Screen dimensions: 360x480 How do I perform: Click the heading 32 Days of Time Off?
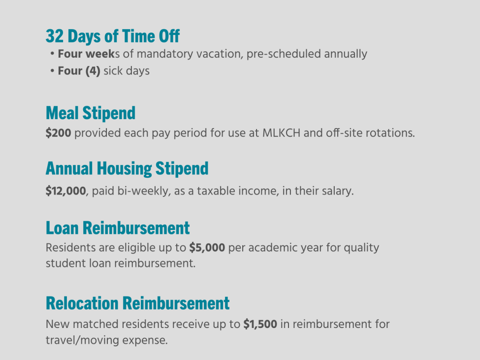point(112,36)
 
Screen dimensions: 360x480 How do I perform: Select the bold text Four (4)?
point(79,71)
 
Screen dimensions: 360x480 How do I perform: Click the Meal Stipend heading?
point(90,113)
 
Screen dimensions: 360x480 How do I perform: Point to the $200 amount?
point(58,133)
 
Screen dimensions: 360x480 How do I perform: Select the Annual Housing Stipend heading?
point(127,168)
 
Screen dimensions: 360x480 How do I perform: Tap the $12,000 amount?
point(65,191)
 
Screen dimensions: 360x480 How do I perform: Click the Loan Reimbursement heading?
point(117,228)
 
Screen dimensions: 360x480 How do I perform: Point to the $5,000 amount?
point(207,247)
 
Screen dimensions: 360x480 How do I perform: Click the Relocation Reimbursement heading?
point(137,303)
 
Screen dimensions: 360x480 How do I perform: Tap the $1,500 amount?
point(260,325)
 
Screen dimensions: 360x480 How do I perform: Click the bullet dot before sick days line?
point(52,71)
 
